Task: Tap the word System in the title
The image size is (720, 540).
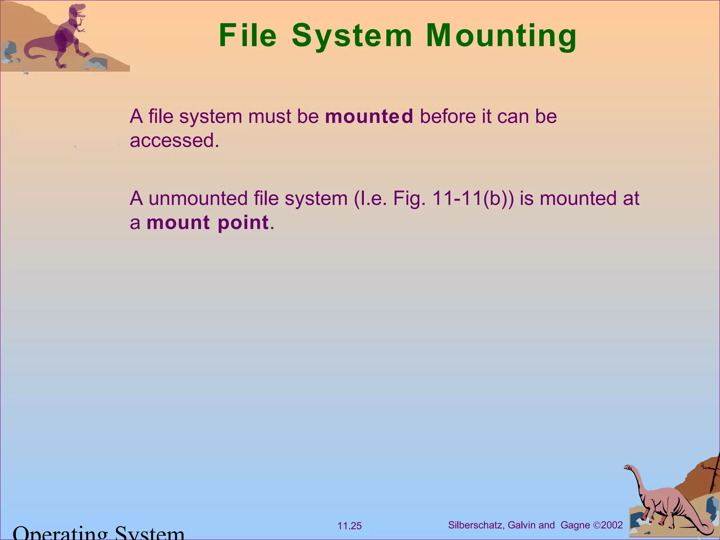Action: pyautogui.click(x=352, y=36)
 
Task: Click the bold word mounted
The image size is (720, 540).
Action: pyautogui.click(x=369, y=116)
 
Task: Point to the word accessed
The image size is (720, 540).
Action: pyautogui.click(x=174, y=141)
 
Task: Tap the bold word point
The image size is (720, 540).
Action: pyautogui.click(x=243, y=223)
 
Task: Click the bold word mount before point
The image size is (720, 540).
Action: pyautogui.click(x=178, y=223)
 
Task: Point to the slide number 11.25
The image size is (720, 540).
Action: pyautogui.click(x=349, y=526)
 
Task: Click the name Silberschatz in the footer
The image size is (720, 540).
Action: pyautogui.click(x=475, y=525)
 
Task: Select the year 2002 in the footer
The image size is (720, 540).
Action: pyautogui.click(x=612, y=525)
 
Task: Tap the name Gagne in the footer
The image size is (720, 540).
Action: pyautogui.click(x=575, y=526)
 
